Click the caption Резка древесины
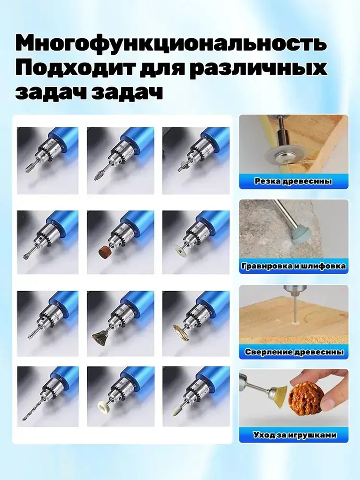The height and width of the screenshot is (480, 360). click(293, 181)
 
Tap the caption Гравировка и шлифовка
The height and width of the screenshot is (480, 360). click(293, 266)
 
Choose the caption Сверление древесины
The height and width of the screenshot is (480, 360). click(293, 352)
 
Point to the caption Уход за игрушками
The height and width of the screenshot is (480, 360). click(293, 435)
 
